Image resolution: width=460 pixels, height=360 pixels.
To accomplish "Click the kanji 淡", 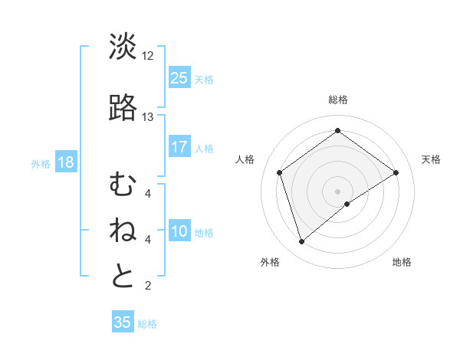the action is pos(123,47).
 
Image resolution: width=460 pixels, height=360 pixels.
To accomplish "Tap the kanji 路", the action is pos(123,108).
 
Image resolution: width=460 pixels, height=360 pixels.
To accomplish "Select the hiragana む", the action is pos(123,185).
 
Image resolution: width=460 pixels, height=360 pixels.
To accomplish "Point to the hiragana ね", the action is pos(123,231).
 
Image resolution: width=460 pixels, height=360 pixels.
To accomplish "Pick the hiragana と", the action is pos(123,277).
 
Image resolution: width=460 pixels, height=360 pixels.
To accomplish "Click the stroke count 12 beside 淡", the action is pos(147,56).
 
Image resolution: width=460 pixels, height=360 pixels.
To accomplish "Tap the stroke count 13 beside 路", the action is pos(147,117).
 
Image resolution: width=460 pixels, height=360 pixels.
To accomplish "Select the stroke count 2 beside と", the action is pos(147,286).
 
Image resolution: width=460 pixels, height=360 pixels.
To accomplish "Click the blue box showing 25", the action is pos(179,77).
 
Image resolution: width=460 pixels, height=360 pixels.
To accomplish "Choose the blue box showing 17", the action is pos(179,147).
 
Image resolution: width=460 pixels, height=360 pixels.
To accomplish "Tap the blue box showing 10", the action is pos(179,231).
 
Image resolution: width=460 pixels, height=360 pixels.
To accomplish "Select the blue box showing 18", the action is pos(65,162).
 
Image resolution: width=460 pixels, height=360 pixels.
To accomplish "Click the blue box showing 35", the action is pos(123,322).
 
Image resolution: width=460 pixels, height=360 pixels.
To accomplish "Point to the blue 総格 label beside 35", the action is pos(147,324).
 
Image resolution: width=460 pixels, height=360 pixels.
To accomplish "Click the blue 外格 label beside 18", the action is pos(41,163).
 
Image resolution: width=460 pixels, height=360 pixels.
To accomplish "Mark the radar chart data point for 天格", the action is pos(396,172).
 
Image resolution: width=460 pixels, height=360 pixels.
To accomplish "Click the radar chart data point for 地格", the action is pos(347,204).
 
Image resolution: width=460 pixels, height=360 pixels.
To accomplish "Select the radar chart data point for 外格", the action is pos(301,242).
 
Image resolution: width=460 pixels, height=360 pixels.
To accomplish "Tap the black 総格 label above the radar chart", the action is pos(338,100).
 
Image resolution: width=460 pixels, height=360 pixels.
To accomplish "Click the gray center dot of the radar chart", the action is pos(337,191).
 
